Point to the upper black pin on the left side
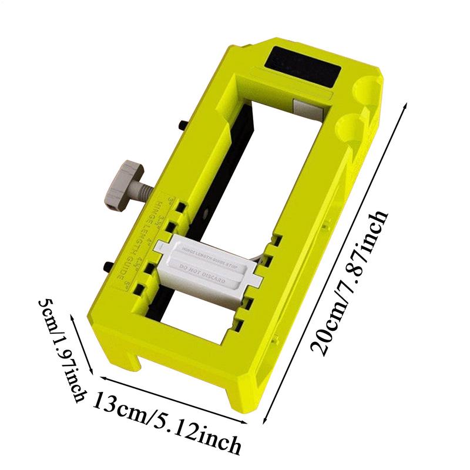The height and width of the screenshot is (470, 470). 183,125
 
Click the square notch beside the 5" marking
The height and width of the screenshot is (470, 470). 140,290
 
